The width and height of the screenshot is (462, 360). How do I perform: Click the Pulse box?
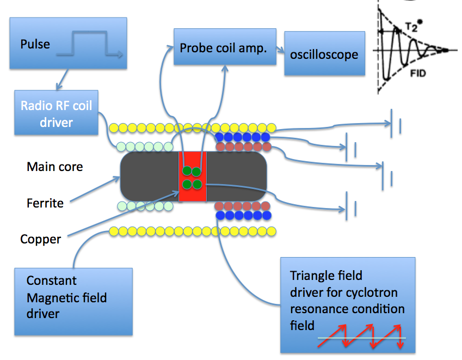[x=67, y=43]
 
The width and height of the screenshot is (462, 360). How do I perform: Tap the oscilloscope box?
[x=324, y=54]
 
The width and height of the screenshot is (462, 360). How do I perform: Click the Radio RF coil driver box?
[x=57, y=113]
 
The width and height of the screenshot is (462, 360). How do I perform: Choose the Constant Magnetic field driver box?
[x=74, y=301]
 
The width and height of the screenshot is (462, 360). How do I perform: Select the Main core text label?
[x=55, y=167]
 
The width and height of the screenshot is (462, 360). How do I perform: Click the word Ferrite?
[x=45, y=204]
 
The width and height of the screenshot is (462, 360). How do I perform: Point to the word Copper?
[x=41, y=239]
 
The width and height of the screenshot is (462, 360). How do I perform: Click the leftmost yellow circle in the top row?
[x=114, y=129]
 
